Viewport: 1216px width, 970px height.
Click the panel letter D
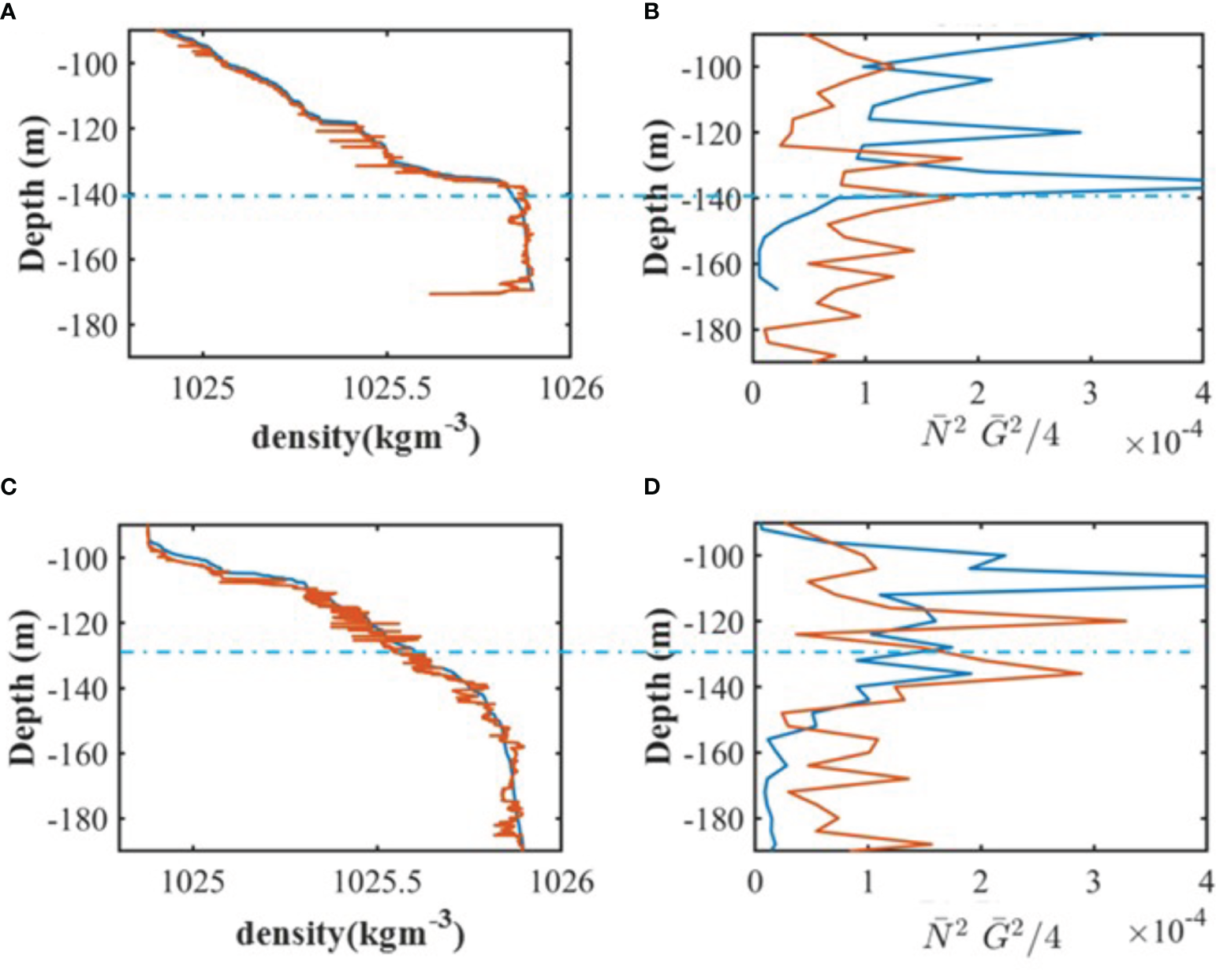pyautogui.click(x=651, y=487)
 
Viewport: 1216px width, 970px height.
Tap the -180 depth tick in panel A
pyautogui.click(x=87, y=325)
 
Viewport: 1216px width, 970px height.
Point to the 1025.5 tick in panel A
pyautogui.click(x=386, y=389)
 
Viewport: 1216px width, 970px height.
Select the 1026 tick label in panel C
pyautogui.click(x=561, y=882)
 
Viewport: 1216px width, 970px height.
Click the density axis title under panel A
pyautogui.click(x=365, y=436)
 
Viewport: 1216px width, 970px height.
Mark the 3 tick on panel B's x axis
pyautogui.click(x=1090, y=393)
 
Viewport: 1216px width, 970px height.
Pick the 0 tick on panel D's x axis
pyautogui.click(x=755, y=882)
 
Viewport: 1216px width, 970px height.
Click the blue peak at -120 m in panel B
pyautogui.click(x=1079, y=132)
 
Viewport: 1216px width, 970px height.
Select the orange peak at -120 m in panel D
pyautogui.click(x=1125, y=621)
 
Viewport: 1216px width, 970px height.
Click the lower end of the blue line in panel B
pyautogui.click(x=778, y=289)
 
